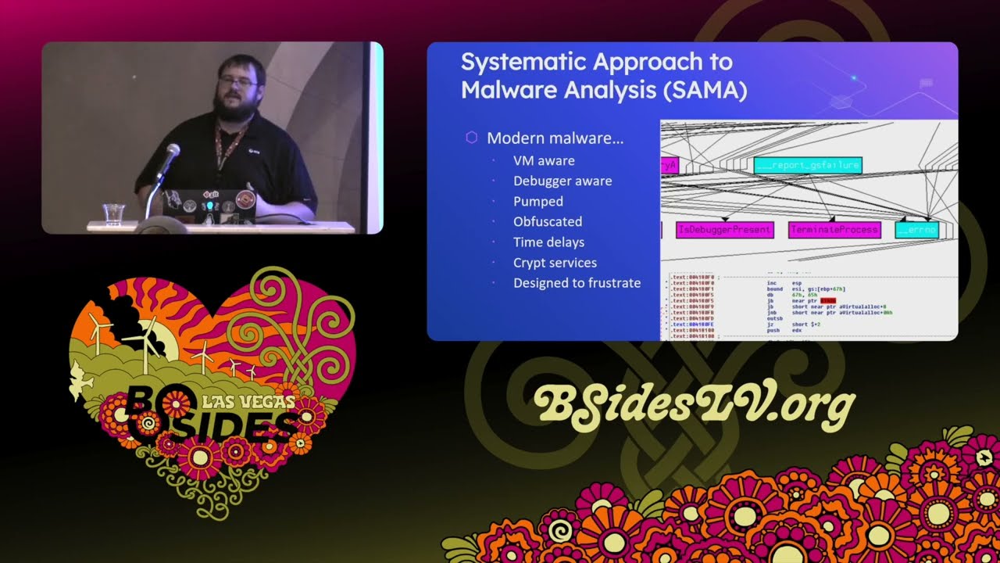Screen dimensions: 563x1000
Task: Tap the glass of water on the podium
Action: point(113,213)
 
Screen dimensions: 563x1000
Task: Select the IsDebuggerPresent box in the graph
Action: point(725,230)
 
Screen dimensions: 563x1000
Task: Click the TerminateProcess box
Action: point(834,230)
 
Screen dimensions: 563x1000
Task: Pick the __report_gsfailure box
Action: point(808,165)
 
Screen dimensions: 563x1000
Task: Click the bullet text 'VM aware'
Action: point(544,160)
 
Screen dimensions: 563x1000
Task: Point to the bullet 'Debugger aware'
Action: point(562,181)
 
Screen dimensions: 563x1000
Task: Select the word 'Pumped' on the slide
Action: point(538,201)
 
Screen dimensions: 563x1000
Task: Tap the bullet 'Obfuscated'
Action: point(548,221)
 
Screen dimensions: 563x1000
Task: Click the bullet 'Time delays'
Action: point(548,242)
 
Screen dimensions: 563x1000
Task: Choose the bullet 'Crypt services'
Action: point(555,263)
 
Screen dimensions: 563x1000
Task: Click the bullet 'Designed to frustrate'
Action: point(577,283)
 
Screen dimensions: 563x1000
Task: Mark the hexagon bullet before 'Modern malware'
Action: point(471,138)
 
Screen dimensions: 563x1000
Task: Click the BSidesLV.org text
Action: point(694,404)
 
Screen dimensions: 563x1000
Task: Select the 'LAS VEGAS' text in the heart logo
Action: point(248,402)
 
